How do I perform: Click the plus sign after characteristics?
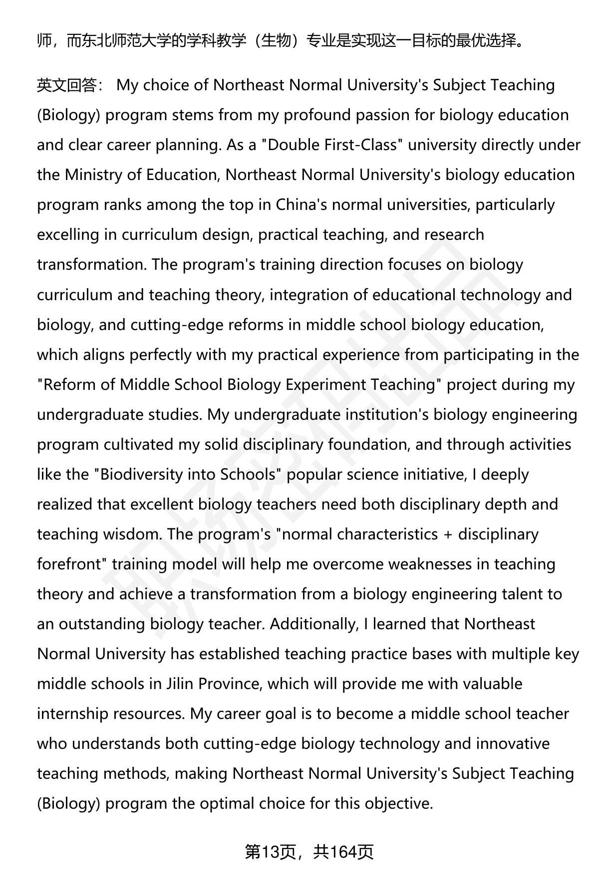click(x=447, y=534)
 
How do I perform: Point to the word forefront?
click(x=70, y=564)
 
